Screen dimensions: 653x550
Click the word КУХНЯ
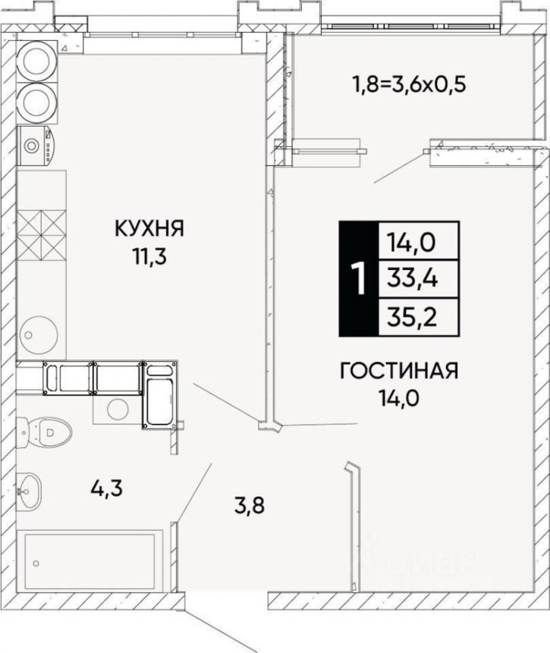tap(149, 228)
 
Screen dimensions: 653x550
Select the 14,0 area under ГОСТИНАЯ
tap(400, 400)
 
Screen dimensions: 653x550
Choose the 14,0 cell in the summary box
tap(416, 243)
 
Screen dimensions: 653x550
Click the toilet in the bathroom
tap(50, 433)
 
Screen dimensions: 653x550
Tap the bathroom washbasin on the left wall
tap(30, 488)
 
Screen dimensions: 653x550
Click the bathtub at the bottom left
tap(94, 562)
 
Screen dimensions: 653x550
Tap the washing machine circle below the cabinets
tap(116, 407)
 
